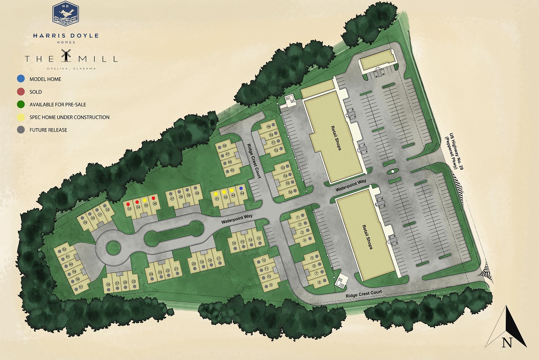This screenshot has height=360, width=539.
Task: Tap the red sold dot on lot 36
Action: pos(153,198)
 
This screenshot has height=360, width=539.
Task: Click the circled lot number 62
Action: pos(65,249)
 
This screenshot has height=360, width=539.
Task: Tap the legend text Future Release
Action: pos(48,130)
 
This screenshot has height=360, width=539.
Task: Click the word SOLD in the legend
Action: pos(36,92)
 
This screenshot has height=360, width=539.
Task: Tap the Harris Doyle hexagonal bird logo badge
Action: pos(65,14)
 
